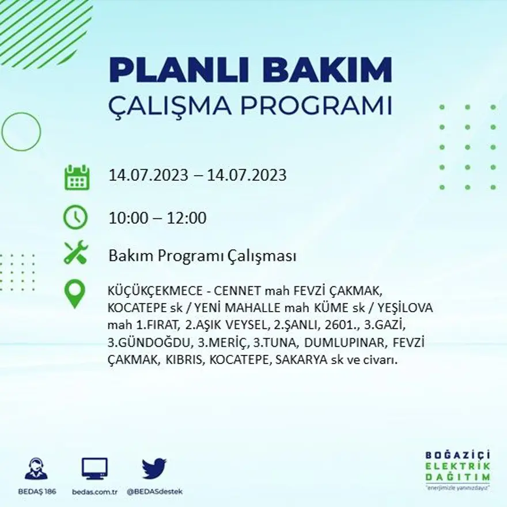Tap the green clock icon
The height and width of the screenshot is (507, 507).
click(76, 218)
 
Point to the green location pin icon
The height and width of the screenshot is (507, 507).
click(75, 294)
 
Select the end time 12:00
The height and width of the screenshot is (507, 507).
click(187, 218)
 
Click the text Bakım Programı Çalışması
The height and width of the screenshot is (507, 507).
click(202, 256)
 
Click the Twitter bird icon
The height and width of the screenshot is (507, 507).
click(154, 468)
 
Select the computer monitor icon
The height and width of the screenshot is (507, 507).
click(94, 468)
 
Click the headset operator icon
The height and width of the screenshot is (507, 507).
click(36, 468)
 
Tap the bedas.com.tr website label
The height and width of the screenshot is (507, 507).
click(95, 491)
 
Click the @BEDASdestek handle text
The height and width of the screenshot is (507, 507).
click(154, 491)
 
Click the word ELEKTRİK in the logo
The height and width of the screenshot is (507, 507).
click(458, 466)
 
